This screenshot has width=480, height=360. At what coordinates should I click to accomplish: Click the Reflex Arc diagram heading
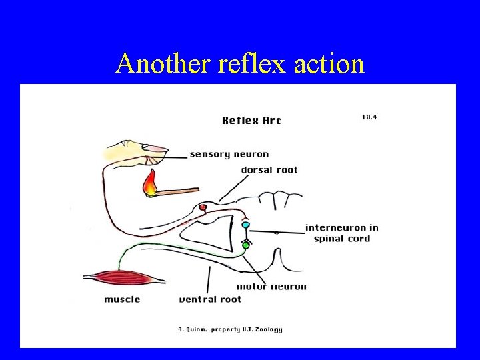point(251,121)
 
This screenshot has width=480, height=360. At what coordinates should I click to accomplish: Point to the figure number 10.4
point(369,117)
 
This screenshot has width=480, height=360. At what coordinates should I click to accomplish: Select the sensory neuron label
point(229,155)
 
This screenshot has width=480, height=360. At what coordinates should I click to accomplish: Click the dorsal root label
point(269,170)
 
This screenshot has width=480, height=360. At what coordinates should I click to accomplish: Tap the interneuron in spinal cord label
point(341,233)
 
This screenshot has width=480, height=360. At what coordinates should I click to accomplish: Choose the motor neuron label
point(271,287)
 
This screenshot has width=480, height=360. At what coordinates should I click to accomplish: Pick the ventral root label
point(210,299)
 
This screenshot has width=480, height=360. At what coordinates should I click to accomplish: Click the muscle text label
point(122,299)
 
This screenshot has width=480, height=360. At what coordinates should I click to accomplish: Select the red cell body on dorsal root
point(203,208)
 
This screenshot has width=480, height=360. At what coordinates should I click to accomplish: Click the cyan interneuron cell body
point(245,225)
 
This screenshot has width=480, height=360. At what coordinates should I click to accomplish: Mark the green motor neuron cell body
point(245,245)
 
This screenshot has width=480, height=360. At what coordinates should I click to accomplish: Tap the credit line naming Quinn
point(230,329)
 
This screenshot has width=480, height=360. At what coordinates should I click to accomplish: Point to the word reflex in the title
point(242,64)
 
